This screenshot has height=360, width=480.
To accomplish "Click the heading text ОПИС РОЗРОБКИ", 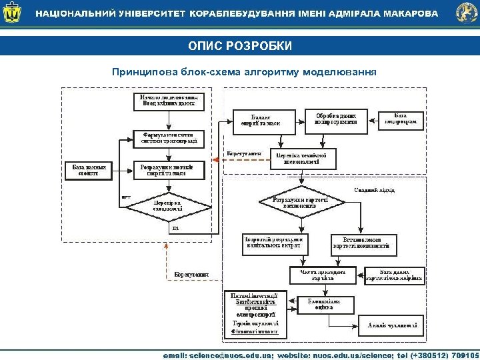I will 239,46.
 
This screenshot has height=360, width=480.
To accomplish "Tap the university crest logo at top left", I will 13,13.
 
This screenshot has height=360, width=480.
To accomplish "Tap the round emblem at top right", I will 466,13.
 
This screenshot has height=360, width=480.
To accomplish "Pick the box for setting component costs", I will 365,244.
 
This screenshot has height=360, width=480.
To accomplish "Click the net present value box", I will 323,275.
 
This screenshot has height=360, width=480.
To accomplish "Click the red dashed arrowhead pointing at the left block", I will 215,159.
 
